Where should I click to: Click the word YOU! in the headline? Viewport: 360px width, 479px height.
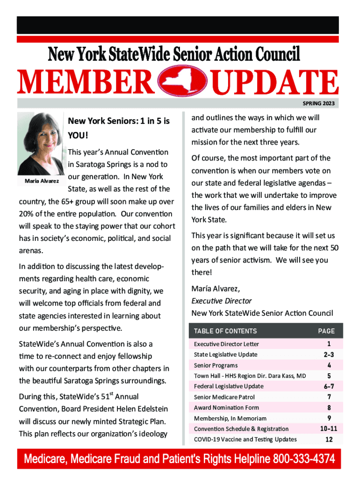[78, 135]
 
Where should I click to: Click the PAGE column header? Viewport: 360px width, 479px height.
[326, 331]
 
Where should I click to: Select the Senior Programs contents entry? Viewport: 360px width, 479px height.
[216, 365]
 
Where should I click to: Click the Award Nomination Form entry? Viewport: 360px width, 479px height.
[226, 407]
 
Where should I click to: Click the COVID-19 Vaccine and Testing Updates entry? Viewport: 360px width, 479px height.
[245, 439]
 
